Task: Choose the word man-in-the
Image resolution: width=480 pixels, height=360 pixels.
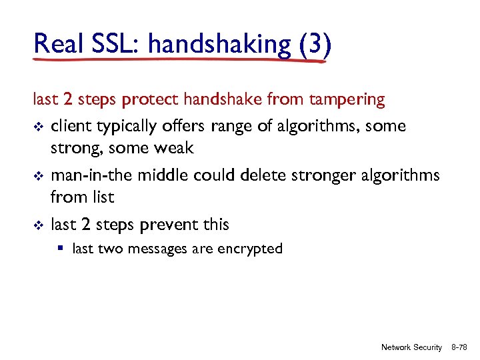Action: point(93,175)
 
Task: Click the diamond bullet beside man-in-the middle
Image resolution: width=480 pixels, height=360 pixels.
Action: point(37,175)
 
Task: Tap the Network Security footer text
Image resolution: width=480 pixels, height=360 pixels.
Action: point(411,347)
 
